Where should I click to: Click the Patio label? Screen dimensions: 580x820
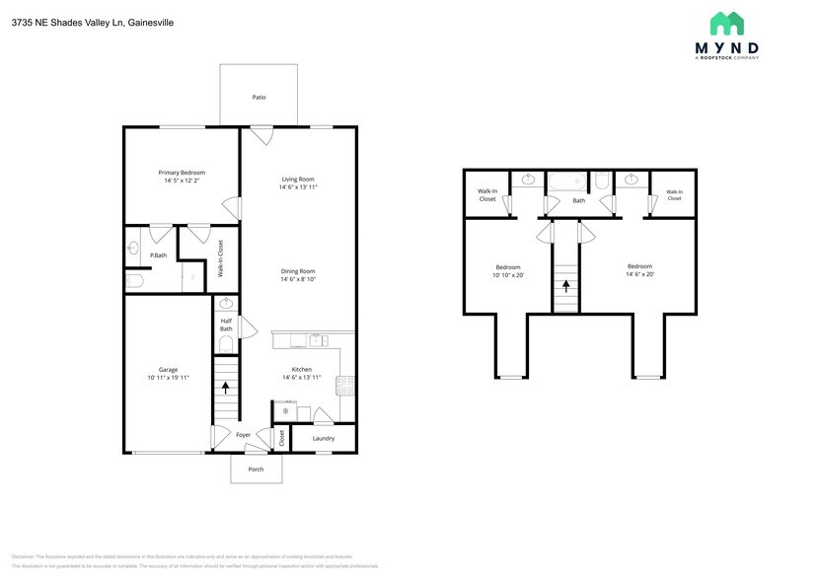pyautogui.click(x=259, y=98)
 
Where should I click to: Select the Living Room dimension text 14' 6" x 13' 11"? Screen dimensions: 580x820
pyautogui.click(x=297, y=186)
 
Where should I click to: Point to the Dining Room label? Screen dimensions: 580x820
pyautogui.click(x=297, y=271)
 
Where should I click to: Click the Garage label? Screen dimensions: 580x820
pyautogui.click(x=168, y=370)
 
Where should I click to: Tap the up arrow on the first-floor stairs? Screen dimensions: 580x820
pyautogui.click(x=226, y=388)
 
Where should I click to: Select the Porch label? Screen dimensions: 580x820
pyautogui.click(x=256, y=470)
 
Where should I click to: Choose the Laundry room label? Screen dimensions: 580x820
pyautogui.click(x=323, y=438)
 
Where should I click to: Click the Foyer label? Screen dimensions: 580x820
pyautogui.click(x=243, y=434)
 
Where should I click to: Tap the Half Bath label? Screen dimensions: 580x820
pyautogui.click(x=226, y=325)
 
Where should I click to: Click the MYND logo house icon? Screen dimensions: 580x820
pyautogui.click(x=726, y=24)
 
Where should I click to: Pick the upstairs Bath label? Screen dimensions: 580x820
pyautogui.click(x=578, y=201)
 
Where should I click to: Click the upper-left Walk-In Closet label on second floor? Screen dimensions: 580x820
pyautogui.click(x=487, y=194)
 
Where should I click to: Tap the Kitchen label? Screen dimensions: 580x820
pyautogui.click(x=300, y=370)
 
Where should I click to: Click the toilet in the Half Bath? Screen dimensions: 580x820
pyautogui.click(x=225, y=344)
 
